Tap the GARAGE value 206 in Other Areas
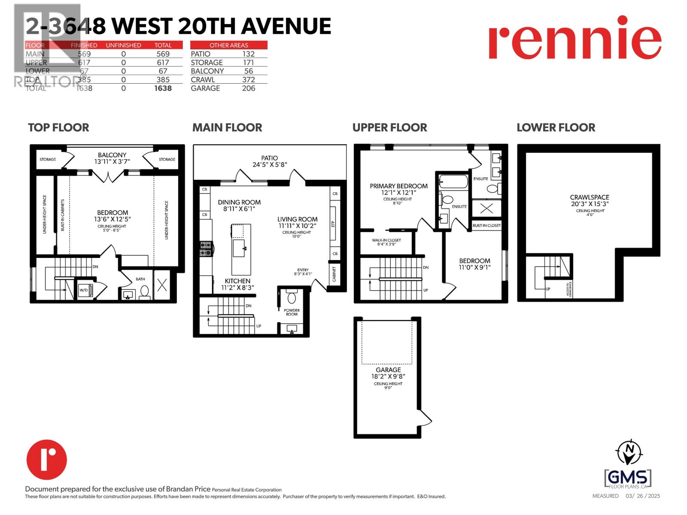[x=248, y=88]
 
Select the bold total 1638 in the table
[x=163, y=88]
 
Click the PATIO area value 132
[x=248, y=54]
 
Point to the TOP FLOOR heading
[x=58, y=127]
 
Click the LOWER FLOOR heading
[x=556, y=127]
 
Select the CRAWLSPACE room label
[x=590, y=197]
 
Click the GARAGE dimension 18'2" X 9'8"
[x=388, y=376]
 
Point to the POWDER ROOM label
[x=292, y=312]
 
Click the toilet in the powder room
[x=292, y=297]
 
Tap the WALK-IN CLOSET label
[x=386, y=240]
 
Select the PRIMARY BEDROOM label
[x=398, y=186]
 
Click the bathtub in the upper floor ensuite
[x=453, y=182]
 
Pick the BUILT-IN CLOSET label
[x=486, y=225]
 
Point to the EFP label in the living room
[x=333, y=224]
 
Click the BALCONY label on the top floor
[x=112, y=155]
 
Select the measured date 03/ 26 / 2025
[x=643, y=496]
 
